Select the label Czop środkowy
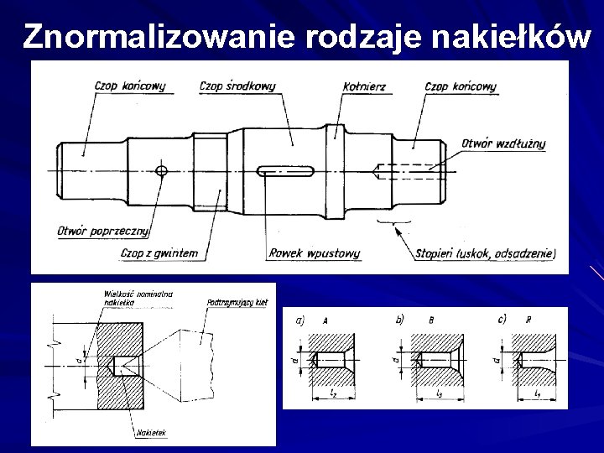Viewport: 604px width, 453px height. click(238, 86)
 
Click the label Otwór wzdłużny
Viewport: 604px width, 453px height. click(503, 143)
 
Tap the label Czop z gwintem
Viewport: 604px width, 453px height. click(159, 252)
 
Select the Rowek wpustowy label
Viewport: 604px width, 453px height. click(304, 252)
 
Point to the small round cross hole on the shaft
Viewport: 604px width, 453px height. click(162, 171)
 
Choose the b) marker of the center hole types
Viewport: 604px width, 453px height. click(398, 319)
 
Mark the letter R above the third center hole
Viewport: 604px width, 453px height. click(527, 320)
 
